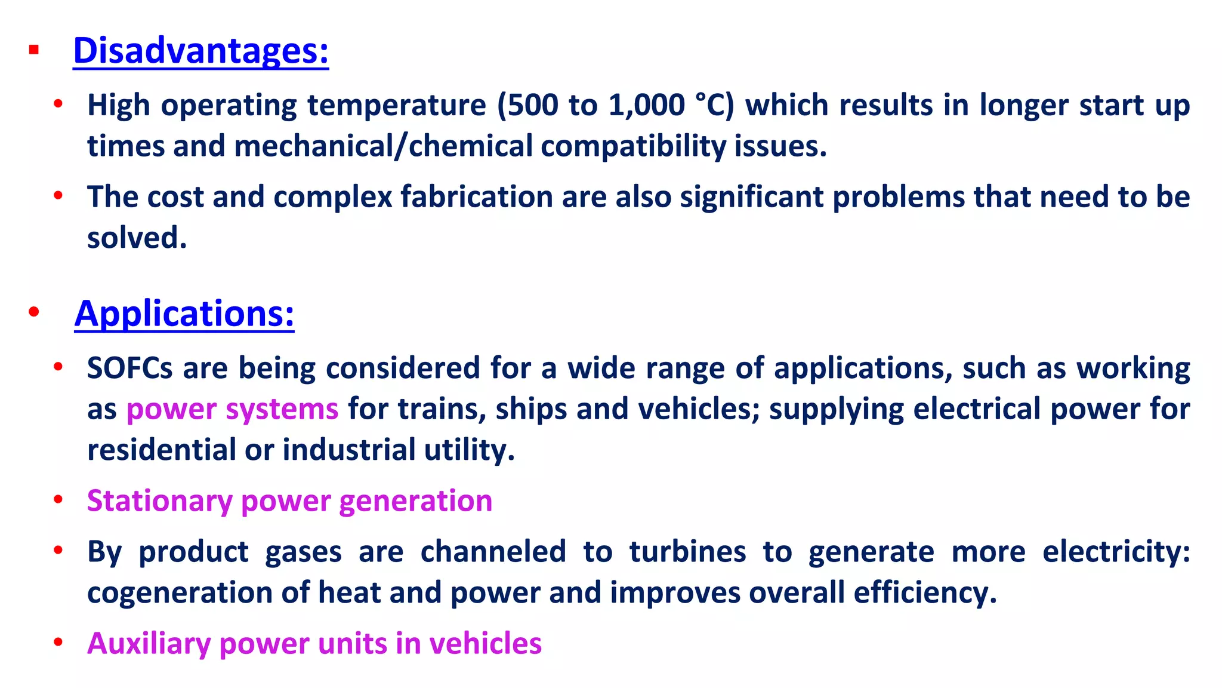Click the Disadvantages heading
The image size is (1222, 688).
(x=200, y=51)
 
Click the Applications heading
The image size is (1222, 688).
(x=184, y=314)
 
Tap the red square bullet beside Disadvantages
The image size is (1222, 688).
(x=34, y=50)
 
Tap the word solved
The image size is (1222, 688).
(x=137, y=238)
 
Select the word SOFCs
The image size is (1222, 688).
(x=129, y=368)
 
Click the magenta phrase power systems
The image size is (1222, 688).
(x=232, y=410)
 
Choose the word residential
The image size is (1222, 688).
(x=161, y=450)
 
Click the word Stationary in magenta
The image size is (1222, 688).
(x=159, y=501)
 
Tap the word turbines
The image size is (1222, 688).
(x=687, y=552)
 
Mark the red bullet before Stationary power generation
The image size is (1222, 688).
(x=58, y=499)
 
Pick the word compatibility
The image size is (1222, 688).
(x=633, y=146)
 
